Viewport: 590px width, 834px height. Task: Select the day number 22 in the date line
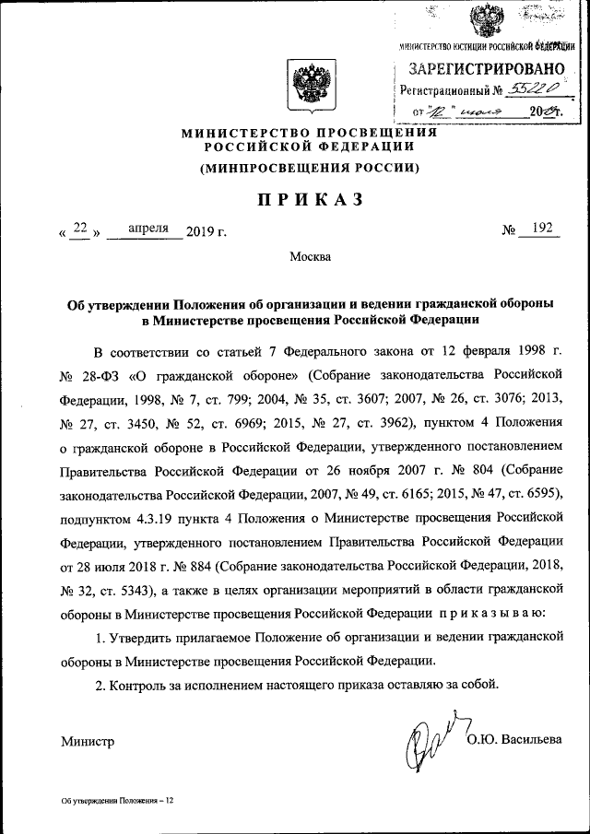[x=80, y=229]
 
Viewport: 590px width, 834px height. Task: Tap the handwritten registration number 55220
[x=532, y=90]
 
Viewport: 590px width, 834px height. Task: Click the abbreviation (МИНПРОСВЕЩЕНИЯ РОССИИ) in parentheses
[x=310, y=167]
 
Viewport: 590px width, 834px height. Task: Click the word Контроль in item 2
[x=138, y=684]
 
